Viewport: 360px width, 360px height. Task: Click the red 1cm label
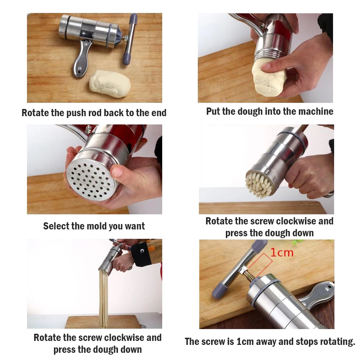click(282, 252)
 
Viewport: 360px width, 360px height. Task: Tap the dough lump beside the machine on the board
click(110, 83)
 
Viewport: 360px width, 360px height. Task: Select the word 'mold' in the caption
click(95, 226)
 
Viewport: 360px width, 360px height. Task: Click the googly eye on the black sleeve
click(142, 251)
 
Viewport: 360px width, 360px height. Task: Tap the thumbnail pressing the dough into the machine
click(266, 67)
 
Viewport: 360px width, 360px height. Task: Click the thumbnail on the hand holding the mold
click(117, 171)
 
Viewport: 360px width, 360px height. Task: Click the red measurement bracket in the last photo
click(261, 264)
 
